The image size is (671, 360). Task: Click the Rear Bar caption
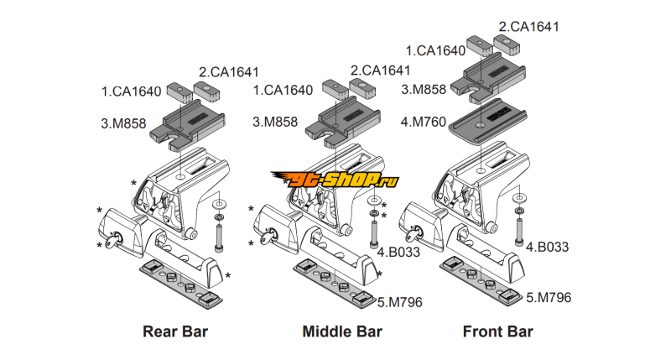(174, 331)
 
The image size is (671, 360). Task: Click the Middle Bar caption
(342, 331)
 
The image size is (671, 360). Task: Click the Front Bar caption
(498, 331)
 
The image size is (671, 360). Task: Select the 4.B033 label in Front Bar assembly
(548, 248)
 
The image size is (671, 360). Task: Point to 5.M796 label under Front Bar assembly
(549, 297)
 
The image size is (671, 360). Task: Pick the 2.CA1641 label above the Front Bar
(528, 26)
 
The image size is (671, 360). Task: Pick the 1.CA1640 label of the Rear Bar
(131, 90)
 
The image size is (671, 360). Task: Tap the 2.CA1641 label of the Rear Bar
(229, 71)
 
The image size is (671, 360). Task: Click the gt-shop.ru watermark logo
(334, 179)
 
